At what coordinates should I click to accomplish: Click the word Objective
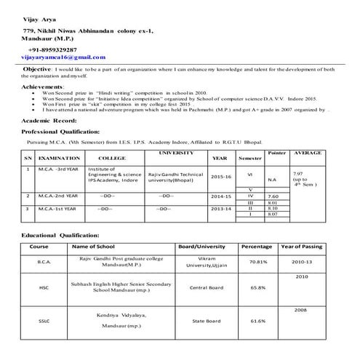36,69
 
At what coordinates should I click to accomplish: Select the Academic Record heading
49,120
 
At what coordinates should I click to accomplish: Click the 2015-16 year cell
221,177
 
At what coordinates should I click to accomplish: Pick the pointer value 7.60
273,196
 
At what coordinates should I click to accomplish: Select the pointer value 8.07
273,215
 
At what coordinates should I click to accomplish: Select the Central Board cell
206,288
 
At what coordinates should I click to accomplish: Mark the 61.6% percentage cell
257,321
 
